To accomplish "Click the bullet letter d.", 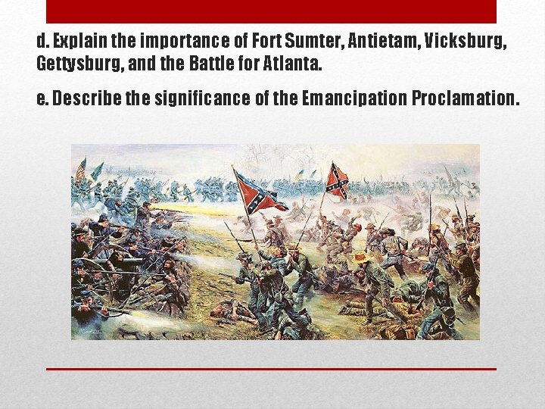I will (x=41, y=41).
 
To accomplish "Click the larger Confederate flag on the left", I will (x=259, y=193).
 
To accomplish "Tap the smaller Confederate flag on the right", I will (x=337, y=181).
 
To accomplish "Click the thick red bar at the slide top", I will (x=271, y=11).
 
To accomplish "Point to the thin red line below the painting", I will (x=271, y=369).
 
